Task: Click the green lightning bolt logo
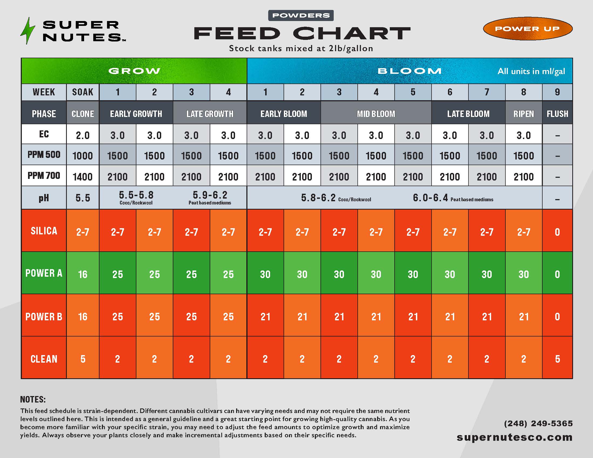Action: pyautogui.click(x=27, y=31)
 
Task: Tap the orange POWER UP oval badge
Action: pyautogui.click(x=528, y=29)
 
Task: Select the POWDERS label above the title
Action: pyautogui.click(x=301, y=15)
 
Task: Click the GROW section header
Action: pyautogui.click(x=134, y=71)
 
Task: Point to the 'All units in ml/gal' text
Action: pyautogui.click(x=531, y=71)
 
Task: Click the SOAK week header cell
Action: pyautogui.click(x=82, y=92)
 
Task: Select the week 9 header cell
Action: pyautogui.click(x=557, y=92)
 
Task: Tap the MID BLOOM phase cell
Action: pyautogui.click(x=376, y=114)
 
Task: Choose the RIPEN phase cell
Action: pyautogui.click(x=523, y=114)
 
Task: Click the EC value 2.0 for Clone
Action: pyautogui.click(x=82, y=135)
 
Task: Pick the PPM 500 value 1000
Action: pyautogui.click(x=82, y=156)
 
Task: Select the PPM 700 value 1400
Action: pyautogui.click(x=82, y=177)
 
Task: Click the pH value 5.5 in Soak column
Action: pyautogui.click(x=82, y=198)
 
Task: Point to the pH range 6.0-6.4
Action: pyautogui.click(x=430, y=198)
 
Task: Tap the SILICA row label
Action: pyautogui.click(x=44, y=231)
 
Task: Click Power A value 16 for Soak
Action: pyautogui.click(x=82, y=274)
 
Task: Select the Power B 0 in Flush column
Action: pyautogui.click(x=557, y=317)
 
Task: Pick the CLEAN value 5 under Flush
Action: pyautogui.click(x=557, y=359)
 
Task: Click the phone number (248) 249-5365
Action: pyautogui.click(x=538, y=424)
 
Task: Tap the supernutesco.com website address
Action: pyautogui.click(x=515, y=437)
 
